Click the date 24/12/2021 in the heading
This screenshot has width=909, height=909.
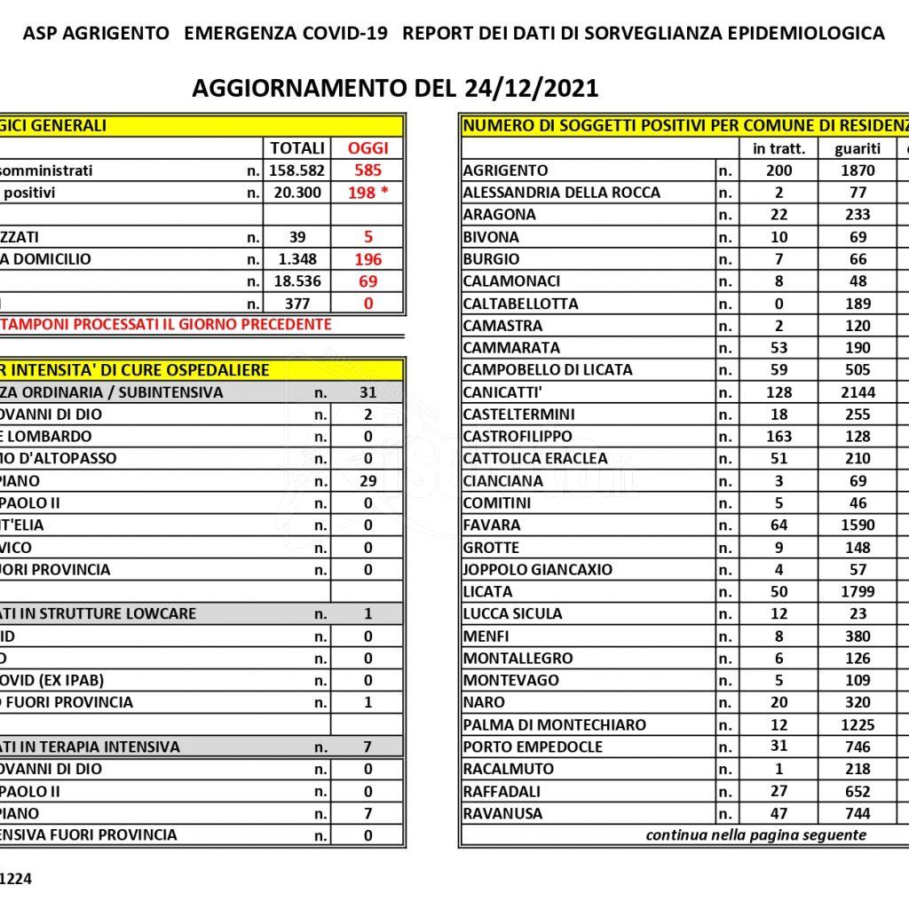[x=531, y=89]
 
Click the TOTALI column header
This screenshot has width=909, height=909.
[x=296, y=148]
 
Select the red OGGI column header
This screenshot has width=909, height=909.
[x=368, y=148]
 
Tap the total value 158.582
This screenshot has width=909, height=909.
[x=296, y=170]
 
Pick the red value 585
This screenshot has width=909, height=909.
[x=368, y=170]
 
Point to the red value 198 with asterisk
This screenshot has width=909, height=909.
[x=368, y=193]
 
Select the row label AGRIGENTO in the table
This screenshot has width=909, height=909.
[x=506, y=170]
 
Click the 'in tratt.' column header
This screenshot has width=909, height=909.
[x=779, y=148]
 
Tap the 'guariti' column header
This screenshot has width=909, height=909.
[x=858, y=148]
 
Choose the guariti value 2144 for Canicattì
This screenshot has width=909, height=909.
[x=858, y=392]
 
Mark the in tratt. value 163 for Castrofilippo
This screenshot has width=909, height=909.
[x=779, y=437]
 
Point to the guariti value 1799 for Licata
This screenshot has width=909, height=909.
[x=858, y=591]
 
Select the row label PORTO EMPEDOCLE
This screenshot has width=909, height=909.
[x=533, y=747]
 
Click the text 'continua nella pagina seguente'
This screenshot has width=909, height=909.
[x=755, y=835]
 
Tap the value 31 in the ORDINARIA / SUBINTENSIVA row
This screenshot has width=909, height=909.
[x=368, y=392]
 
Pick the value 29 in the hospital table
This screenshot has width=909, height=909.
[x=368, y=481]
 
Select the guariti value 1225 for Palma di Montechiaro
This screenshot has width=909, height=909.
[x=858, y=724]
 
